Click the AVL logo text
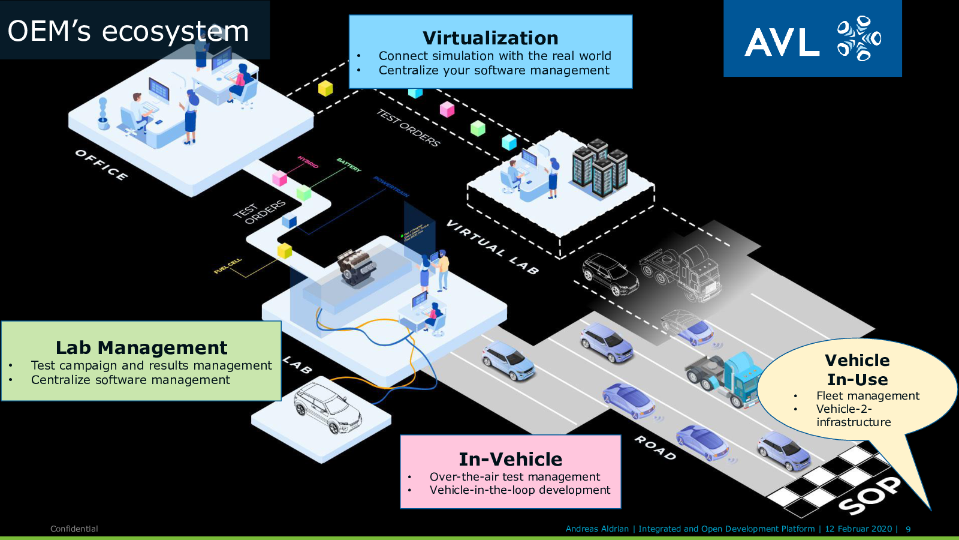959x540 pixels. (782, 43)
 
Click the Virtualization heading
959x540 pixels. (490, 38)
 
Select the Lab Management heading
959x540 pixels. (141, 347)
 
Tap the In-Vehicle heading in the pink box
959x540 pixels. (511, 459)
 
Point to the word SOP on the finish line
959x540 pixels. (869, 495)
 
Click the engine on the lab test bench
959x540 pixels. (356, 267)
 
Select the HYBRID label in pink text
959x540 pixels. (308, 161)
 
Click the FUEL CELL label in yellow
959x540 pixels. (228, 266)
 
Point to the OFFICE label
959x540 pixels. (101, 164)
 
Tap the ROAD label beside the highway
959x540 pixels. (655, 448)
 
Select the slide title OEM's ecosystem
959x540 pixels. (128, 31)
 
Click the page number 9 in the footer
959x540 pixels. (908, 529)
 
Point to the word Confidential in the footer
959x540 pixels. (74, 529)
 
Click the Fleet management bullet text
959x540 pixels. (867, 395)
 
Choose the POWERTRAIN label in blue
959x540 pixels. (391, 187)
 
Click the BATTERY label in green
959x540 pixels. (349, 165)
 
